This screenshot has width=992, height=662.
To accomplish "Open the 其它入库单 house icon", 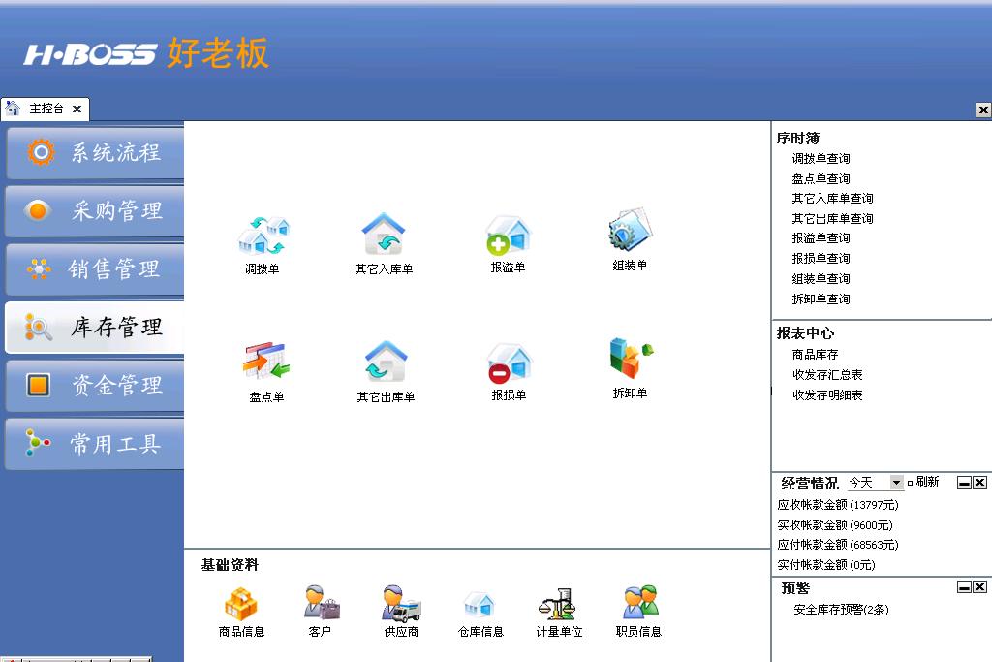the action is click(384, 234).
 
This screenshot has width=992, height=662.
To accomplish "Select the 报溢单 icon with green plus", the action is click(508, 235).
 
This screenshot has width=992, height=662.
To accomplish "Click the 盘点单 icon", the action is click(265, 362).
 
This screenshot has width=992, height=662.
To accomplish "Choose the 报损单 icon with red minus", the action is click(510, 363).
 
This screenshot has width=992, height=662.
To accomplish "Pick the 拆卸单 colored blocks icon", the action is click(631, 359).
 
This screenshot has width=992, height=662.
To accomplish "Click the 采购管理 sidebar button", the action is click(95, 210).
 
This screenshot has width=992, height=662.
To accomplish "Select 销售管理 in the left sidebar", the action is click(95, 269).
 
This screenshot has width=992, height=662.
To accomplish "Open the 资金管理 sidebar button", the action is click(95, 386).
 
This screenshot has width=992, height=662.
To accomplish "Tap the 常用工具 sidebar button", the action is click(95, 444).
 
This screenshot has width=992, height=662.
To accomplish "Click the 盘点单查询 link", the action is click(821, 178).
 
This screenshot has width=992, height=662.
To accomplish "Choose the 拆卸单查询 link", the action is click(821, 299).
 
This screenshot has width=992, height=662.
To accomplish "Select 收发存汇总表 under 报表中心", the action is click(827, 375).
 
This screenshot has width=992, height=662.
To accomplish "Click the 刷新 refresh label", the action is click(927, 482).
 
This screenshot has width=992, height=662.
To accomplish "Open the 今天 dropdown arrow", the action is click(896, 483).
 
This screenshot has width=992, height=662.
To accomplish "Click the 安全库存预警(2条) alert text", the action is click(841, 610).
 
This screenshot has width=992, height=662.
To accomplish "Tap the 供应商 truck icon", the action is click(401, 603).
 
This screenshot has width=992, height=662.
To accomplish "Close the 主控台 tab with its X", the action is click(77, 109).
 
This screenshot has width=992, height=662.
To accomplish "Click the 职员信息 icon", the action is click(640, 602).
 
